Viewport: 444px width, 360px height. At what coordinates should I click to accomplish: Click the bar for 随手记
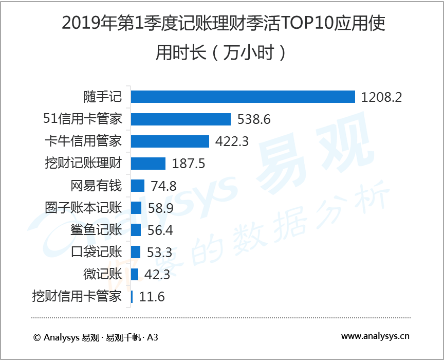[243, 97]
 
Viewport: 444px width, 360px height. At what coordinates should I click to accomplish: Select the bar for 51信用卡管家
[181, 119]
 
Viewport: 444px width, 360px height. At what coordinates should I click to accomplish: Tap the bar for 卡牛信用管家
[170, 141]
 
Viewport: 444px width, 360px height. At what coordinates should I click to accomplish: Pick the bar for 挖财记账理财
[149, 164]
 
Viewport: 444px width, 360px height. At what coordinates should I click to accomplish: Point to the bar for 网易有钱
[138, 186]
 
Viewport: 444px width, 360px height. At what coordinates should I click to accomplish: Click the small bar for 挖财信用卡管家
[132, 297]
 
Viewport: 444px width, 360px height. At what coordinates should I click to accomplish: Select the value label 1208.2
[381, 97]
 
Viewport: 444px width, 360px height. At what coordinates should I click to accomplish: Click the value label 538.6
[254, 119]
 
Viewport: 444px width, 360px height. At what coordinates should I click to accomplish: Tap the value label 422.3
[232, 141]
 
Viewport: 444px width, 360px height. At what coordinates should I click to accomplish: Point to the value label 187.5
[189, 164]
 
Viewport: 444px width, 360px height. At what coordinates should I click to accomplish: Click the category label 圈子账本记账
[84, 208]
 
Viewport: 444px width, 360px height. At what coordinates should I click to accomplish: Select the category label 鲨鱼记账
[96, 230]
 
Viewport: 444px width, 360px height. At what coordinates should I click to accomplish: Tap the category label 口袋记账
[96, 252]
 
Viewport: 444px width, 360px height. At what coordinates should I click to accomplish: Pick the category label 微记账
[102, 274]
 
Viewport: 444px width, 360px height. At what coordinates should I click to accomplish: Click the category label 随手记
[102, 97]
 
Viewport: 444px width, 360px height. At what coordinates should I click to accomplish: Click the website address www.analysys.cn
[375, 337]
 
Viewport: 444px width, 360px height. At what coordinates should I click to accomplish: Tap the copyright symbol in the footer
[36, 337]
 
